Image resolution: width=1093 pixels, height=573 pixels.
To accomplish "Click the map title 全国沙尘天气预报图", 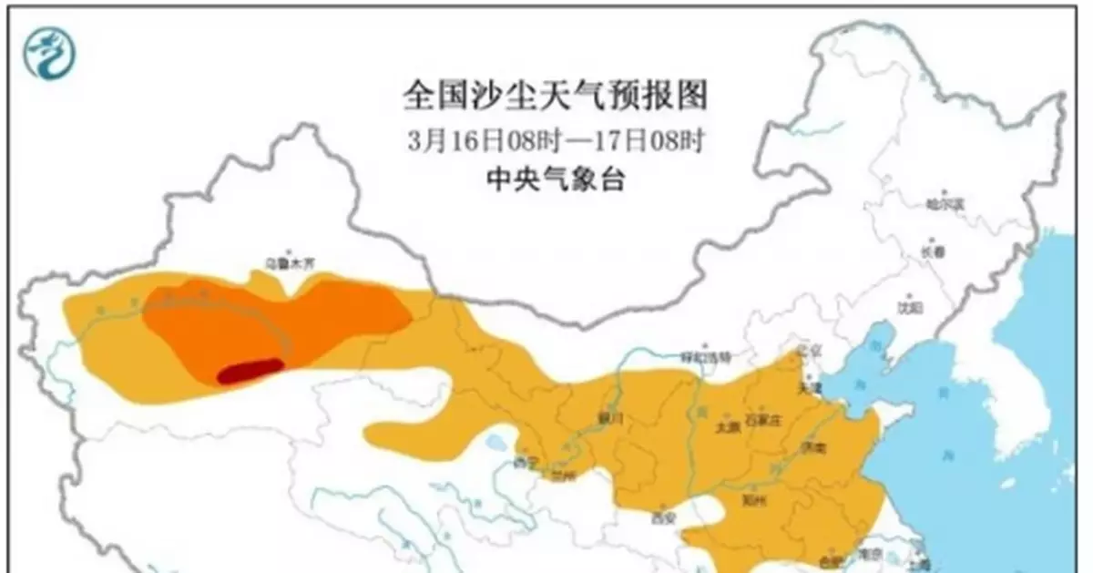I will [556, 95].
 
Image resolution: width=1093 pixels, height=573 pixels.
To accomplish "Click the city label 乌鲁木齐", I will [289, 263].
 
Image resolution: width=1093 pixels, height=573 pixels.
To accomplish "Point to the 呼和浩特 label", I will [706, 356].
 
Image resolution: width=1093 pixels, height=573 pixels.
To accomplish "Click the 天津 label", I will [809, 388].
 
